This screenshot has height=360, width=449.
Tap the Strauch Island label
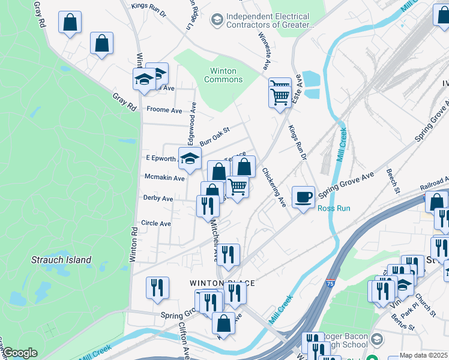(x=61, y=260)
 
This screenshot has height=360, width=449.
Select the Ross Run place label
(x=333, y=209)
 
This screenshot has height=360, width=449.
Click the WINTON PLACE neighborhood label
(x=222, y=283)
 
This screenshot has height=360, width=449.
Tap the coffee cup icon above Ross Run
(x=303, y=197)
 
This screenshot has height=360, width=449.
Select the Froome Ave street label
(x=164, y=110)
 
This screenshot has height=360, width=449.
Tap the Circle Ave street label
(x=155, y=223)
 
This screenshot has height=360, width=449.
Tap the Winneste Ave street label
(x=263, y=50)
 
